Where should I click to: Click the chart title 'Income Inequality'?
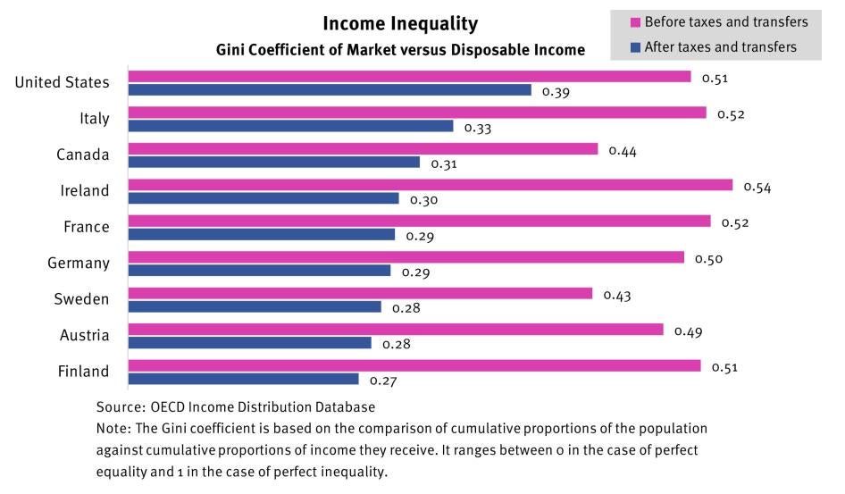pos(400,24)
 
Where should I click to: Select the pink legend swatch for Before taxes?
pos(636,21)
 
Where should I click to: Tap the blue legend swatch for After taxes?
pos(636,46)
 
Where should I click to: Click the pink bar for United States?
pos(409,77)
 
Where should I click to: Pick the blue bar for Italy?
pos(290,126)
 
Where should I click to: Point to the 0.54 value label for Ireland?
pos(757,187)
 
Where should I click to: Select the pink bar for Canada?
pos(363,149)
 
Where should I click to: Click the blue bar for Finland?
pos(243,379)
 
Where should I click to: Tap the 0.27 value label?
pos(382,381)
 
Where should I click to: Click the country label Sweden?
pos(81,299)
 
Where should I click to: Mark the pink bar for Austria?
pos(396,330)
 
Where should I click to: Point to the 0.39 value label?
pos(556,91)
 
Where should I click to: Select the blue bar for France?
pos(261,234)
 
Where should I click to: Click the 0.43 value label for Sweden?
pos(617,295)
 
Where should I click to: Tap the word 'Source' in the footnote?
pos(119,406)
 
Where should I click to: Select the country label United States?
pos(63,82)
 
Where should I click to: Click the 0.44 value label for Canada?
pos(623,151)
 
